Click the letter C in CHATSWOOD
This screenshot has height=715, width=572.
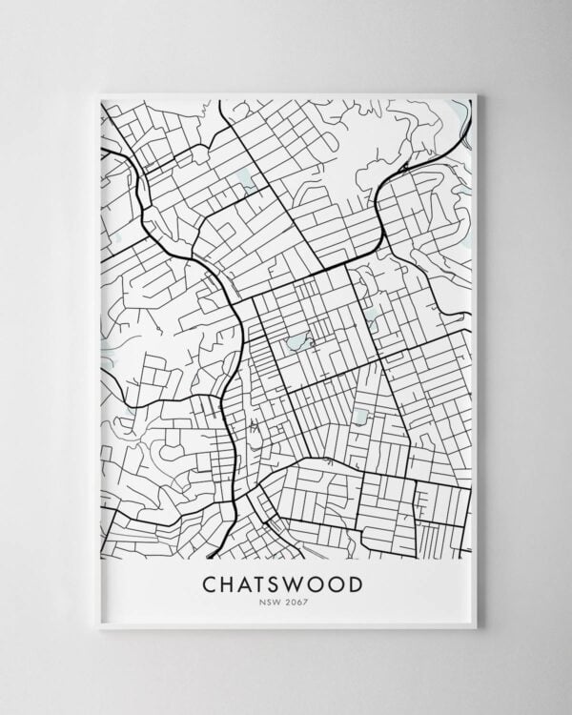pyautogui.click(x=211, y=582)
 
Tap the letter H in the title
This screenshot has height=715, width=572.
pyautogui.click(x=230, y=582)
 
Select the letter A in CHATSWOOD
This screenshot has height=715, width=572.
pyautogui.click(x=248, y=582)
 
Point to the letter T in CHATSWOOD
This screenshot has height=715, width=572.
pyautogui.click(x=265, y=582)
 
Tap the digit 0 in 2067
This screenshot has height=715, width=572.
pyautogui.click(x=296, y=602)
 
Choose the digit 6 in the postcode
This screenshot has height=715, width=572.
pyautogui.click(x=301, y=602)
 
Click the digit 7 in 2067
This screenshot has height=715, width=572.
pyautogui.click(x=307, y=602)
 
